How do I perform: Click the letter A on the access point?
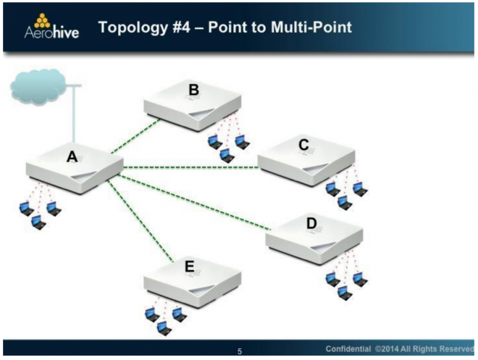click(x=72, y=156)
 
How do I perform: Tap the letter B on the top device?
click(x=194, y=90)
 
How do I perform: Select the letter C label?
click(x=303, y=144)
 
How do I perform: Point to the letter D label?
click(x=311, y=223)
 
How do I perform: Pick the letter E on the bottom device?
click(x=190, y=267)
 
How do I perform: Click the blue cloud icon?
click(x=38, y=87)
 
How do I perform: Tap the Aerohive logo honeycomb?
click(x=42, y=21)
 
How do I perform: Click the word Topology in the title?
click(x=133, y=28)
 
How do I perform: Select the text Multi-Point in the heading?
click(x=311, y=27)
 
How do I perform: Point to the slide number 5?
click(x=240, y=351)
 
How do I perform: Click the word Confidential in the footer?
click(x=348, y=348)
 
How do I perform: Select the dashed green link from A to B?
click(x=135, y=135)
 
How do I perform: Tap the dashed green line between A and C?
click(x=190, y=167)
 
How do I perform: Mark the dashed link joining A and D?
click(x=194, y=202)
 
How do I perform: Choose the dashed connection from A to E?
click(x=141, y=221)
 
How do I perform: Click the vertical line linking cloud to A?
click(x=73, y=114)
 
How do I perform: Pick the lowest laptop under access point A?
click(x=38, y=222)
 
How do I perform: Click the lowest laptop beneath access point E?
click(x=164, y=328)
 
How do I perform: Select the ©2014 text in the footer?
click(x=386, y=348)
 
